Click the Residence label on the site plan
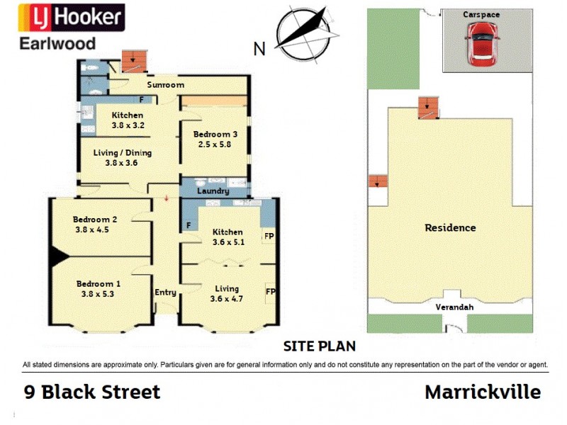tap(450, 228)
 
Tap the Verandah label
tap(454, 308)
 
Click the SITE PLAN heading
tap(319, 346)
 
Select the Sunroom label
tap(165, 85)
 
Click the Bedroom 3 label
tap(213, 134)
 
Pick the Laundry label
tap(213, 191)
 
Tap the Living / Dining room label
tap(123, 152)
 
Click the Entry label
tap(164, 292)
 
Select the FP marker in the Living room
tap(269, 291)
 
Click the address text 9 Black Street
tap(92, 392)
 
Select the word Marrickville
tap(483, 392)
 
